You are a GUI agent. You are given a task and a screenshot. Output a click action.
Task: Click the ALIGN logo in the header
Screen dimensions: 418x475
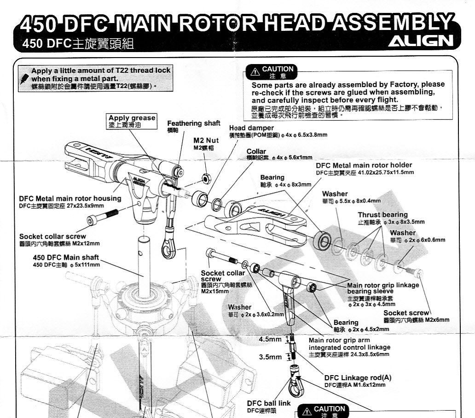pyautogui.click(x=421, y=41)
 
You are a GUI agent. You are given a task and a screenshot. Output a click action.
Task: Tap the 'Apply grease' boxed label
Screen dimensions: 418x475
pyautogui.click(x=132, y=118)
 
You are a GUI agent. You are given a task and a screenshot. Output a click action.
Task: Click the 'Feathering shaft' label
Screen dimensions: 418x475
pyautogui.click(x=193, y=124)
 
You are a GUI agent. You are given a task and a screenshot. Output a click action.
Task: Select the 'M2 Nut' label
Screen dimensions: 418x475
pyautogui.click(x=205, y=140)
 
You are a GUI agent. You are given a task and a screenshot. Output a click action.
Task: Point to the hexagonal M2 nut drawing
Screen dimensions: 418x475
pyautogui.click(x=207, y=177)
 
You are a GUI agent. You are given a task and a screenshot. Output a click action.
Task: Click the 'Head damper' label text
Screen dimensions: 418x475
pyautogui.click(x=251, y=128)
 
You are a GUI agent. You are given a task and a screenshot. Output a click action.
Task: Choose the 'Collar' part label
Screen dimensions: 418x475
pyautogui.click(x=256, y=151)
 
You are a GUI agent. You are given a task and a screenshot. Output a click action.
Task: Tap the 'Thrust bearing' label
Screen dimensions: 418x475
pyautogui.click(x=382, y=215)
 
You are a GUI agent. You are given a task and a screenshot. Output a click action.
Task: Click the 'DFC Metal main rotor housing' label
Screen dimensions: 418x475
pyautogui.click(x=70, y=198)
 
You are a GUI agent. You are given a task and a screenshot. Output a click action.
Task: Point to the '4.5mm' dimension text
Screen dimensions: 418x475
pyautogui.click(x=270, y=339)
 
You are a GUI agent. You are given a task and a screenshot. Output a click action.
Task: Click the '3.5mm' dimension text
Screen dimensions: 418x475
pyautogui.click(x=270, y=357)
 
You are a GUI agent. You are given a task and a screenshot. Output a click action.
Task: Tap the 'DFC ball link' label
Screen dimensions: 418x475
pyautogui.click(x=269, y=403)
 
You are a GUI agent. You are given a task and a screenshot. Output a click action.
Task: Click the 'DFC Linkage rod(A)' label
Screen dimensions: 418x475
pyautogui.click(x=358, y=377)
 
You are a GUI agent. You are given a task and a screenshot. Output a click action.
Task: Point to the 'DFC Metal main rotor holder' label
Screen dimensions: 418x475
pyautogui.click(x=364, y=165)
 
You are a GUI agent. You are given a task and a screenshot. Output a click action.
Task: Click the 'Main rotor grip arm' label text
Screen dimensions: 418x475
pyautogui.click(x=339, y=340)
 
